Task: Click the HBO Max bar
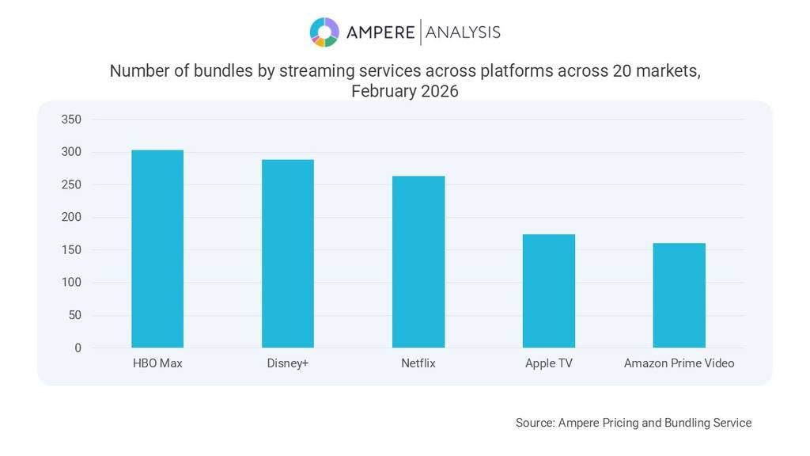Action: [x=157, y=249]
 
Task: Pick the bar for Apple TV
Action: [x=549, y=291]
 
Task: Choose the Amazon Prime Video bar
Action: [x=679, y=295]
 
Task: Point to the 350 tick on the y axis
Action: [x=71, y=120]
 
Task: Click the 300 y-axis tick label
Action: [x=71, y=152]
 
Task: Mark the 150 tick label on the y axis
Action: [x=71, y=250]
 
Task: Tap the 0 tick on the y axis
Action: [x=78, y=348]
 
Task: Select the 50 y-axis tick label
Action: [x=74, y=315]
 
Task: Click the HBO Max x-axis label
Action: [x=157, y=363]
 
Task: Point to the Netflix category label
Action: [x=418, y=363]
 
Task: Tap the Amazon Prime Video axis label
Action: [x=679, y=363]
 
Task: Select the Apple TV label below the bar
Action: [x=548, y=363]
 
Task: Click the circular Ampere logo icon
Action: [x=324, y=32]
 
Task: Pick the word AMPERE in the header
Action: [x=380, y=32]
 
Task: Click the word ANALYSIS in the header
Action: [x=463, y=32]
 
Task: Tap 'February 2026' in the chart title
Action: [x=404, y=91]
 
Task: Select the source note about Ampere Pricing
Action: [x=633, y=423]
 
